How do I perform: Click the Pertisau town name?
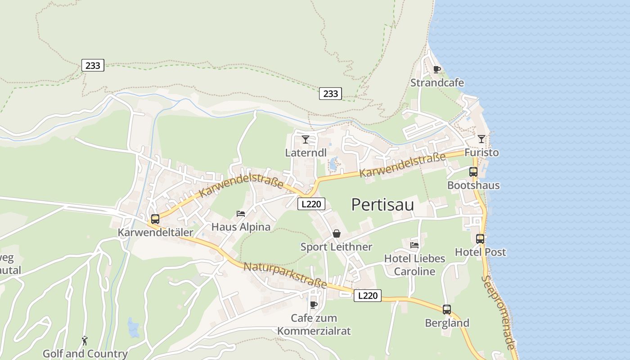pyautogui.click(x=382, y=205)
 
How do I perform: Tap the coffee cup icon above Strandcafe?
pyautogui.click(x=436, y=69)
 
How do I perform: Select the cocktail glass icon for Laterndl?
pyautogui.click(x=306, y=139)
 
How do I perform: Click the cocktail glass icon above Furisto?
pyautogui.click(x=481, y=139)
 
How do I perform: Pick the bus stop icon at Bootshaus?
pyautogui.click(x=473, y=171)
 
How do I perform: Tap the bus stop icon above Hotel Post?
pyautogui.click(x=480, y=239)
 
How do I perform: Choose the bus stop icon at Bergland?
pyautogui.click(x=446, y=310)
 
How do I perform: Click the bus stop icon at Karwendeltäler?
pyautogui.click(x=155, y=219)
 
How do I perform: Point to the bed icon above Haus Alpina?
pyautogui.click(x=241, y=214)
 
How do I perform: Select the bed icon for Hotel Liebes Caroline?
pyautogui.click(x=414, y=245)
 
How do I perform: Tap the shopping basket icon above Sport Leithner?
pyautogui.click(x=336, y=234)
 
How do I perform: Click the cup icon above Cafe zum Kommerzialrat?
pyautogui.click(x=314, y=305)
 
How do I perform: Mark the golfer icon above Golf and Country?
pyautogui.click(x=85, y=341)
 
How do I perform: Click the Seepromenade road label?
pyautogui.click(x=498, y=312)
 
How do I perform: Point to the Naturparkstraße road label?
pyautogui.click(x=285, y=275)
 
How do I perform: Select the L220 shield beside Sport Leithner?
pyautogui.click(x=311, y=204)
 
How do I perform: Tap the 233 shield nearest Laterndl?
pyautogui.click(x=330, y=94)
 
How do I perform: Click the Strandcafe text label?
pyautogui.click(x=437, y=83)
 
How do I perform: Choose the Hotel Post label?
pyautogui.click(x=480, y=252)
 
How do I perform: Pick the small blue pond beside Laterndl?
pyautogui.click(x=333, y=163)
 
